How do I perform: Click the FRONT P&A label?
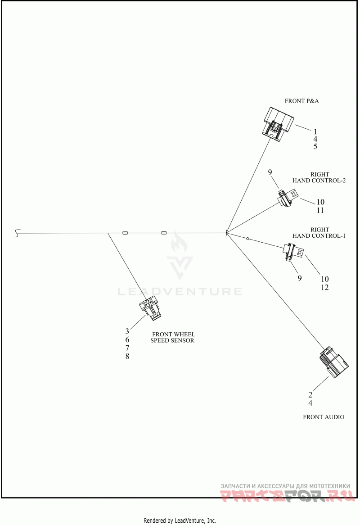tap(301, 101)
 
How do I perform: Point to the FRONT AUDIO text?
tap(324, 417)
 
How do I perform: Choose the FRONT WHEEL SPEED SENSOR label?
tap(173, 337)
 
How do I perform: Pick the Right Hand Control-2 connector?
tap(288, 198)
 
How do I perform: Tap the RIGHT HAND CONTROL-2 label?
tap(319, 177)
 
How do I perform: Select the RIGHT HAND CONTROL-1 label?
tap(319, 233)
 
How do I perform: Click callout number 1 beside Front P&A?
tap(315, 131)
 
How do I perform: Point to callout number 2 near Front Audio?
tap(310, 395)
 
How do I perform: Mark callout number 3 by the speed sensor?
tap(127, 331)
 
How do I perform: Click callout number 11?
tap(320, 210)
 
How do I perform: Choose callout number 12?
tap(324, 287)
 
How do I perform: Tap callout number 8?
tap(127, 356)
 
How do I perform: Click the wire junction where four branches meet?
tap(227, 233)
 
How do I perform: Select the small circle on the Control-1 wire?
tap(247, 239)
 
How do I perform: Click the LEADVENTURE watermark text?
tap(180, 291)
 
